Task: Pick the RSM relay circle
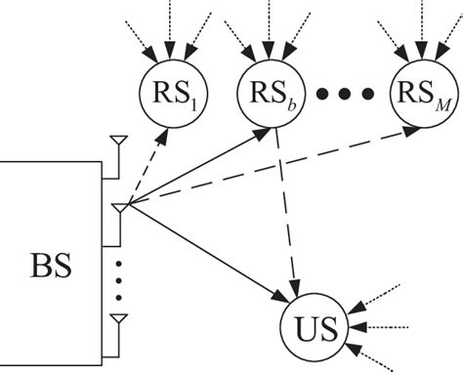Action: point(421,94)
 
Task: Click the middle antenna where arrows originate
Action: point(117,207)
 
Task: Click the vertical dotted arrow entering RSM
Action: point(421,29)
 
